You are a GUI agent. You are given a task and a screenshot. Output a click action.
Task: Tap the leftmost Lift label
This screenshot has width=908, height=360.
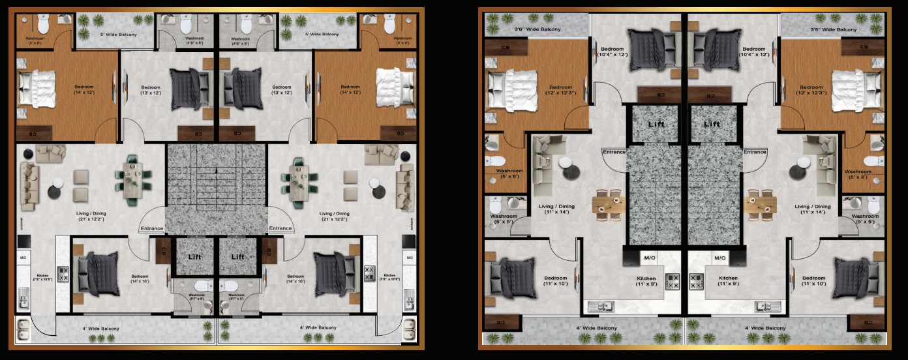194,256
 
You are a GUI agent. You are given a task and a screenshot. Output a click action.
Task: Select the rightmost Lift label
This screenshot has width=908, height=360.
712,124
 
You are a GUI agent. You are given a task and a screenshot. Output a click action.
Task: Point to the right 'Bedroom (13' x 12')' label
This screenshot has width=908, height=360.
282,90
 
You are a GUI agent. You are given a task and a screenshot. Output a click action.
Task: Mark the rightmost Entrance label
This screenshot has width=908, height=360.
755,152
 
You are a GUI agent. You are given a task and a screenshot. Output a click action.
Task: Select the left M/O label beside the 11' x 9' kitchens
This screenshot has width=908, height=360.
650,258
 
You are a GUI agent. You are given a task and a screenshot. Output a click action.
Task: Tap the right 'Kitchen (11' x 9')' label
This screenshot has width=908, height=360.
729,281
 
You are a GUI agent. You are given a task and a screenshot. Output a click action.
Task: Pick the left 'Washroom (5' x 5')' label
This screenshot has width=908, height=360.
504,219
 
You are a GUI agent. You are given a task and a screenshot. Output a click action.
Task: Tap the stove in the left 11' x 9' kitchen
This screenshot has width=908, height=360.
672,282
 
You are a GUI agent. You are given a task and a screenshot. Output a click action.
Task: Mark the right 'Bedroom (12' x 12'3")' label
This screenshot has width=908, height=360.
811,91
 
